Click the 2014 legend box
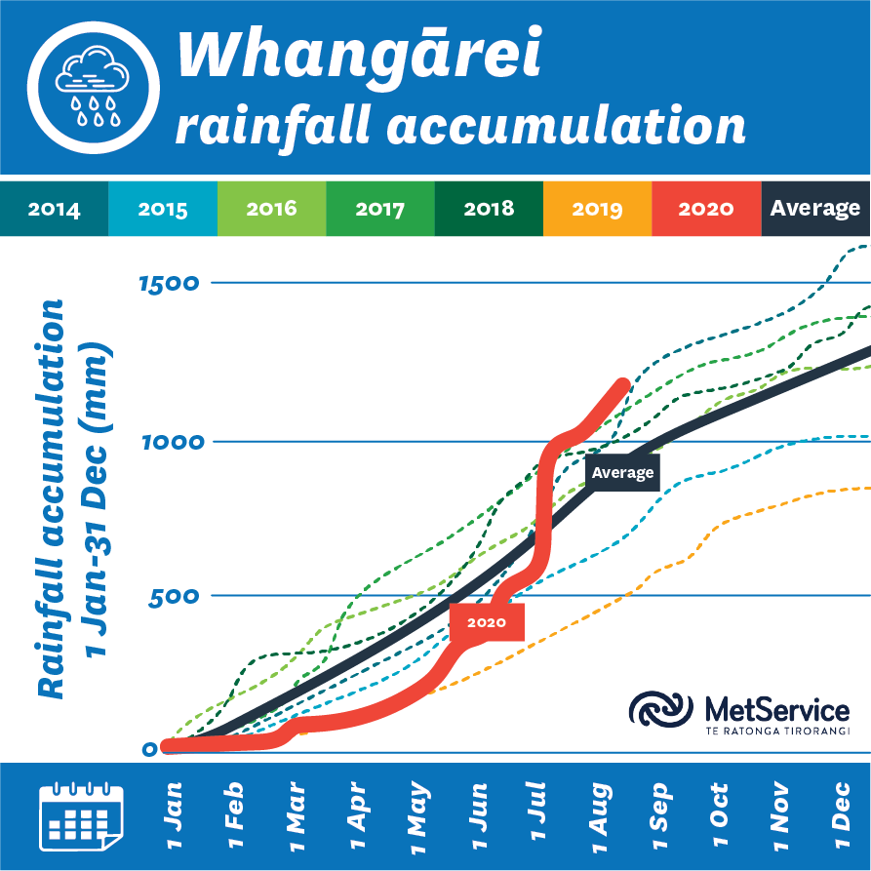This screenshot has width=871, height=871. [54, 209]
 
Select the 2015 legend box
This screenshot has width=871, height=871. [163, 209]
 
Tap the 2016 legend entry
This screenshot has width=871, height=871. [271, 209]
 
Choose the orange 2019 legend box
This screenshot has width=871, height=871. [597, 209]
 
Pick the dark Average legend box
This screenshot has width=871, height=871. [815, 209]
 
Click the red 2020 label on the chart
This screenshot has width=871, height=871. [486, 622]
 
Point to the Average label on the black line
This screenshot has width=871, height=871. [622, 473]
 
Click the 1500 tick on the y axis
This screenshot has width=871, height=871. [168, 285]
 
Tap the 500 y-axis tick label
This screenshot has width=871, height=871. [173, 596]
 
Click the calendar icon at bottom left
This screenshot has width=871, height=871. [79, 813]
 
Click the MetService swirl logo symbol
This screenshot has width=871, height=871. [660, 710]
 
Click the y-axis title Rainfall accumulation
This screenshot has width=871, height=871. [54, 497]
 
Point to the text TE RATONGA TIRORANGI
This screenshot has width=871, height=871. [776, 731]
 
